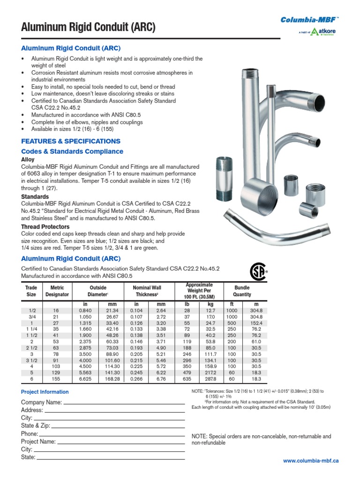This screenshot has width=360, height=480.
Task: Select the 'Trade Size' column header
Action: click(31, 291)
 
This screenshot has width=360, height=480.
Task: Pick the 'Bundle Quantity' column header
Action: click(242, 291)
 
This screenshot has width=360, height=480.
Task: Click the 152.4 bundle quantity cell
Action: click(256, 323)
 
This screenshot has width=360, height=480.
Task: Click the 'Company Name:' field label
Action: click(41, 403)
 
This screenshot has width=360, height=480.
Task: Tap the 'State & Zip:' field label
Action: click(36, 426)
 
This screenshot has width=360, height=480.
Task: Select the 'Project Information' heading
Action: click(45, 392)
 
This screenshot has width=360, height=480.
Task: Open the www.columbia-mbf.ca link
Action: click(311, 461)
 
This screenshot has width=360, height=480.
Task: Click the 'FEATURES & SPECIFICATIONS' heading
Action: click(71, 141)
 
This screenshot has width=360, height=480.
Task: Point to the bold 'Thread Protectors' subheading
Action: click(45, 227)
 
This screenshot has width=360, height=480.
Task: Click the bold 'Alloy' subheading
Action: click(28, 160)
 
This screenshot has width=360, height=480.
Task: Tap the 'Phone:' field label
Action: click(30, 434)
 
